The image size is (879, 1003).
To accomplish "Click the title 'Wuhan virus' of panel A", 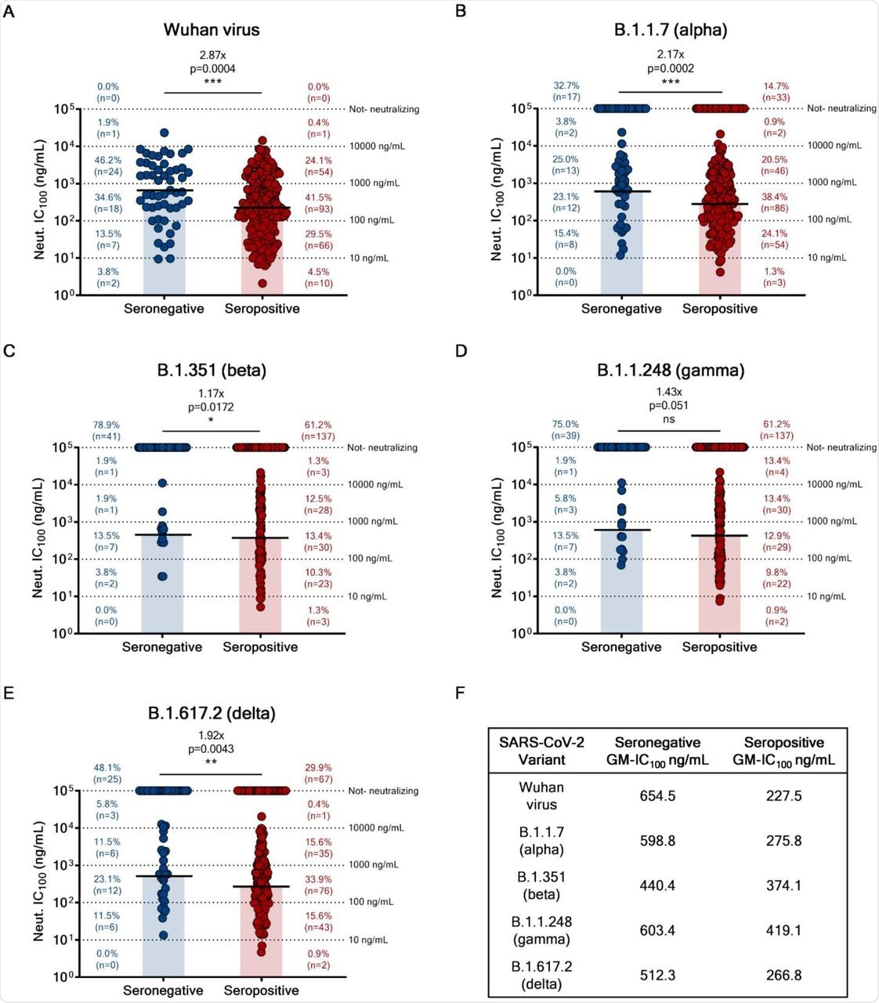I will pyautogui.click(x=212, y=30).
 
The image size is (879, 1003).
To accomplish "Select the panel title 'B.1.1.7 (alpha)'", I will pyautogui.click(x=671, y=30).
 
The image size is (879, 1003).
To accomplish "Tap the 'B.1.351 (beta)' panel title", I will pyautogui.click(x=212, y=370).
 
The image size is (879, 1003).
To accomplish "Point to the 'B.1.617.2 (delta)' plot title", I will pyautogui.click(x=212, y=713).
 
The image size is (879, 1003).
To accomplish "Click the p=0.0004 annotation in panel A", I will pyautogui.click(x=212, y=68).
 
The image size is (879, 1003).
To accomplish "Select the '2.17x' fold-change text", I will pyautogui.click(x=671, y=54).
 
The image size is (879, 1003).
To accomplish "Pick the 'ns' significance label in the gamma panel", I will pyautogui.click(x=669, y=419).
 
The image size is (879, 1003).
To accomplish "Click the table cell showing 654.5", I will pyautogui.click(x=657, y=796).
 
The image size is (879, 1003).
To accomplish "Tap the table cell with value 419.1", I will pyautogui.click(x=783, y=930).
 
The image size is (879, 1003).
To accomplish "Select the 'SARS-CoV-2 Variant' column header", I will pyautogui.click(x=541, y=751).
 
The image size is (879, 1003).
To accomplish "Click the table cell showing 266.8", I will pyautogui.click(x=783, y=975).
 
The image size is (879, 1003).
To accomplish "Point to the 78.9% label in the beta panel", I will pyautogui.click(x=106, y=425).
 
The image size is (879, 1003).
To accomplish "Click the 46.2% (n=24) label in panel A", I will pyautogui.click(x=108, y=165).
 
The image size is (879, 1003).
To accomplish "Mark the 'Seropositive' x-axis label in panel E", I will pyautogui.click(x=261, y=990).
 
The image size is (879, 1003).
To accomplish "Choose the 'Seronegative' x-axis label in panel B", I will pyautogui.click(x=621, y=309).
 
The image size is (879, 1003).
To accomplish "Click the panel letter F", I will pyautogui.click(x=460, y=693).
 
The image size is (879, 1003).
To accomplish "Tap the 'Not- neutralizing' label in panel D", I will pyautogui.click(x=841, y=447).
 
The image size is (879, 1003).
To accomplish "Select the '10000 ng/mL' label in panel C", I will pyautogui.click(x=376, y=484).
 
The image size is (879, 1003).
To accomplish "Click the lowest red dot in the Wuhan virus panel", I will pyautogui.click(x=262, y=284).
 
